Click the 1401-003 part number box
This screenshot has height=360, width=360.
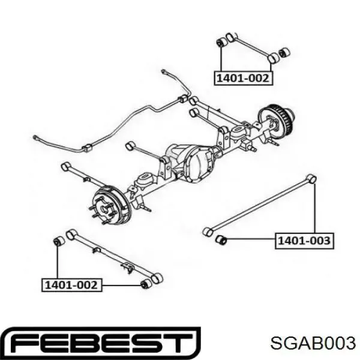(304, 241)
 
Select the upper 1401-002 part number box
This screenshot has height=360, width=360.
(244, 79)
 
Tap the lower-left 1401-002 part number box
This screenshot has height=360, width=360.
(71, 285)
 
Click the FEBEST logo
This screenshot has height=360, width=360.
(100, 343)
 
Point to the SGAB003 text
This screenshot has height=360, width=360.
(313, 343)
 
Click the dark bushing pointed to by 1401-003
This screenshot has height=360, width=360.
(221, 240)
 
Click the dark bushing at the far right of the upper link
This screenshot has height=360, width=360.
(284, 53)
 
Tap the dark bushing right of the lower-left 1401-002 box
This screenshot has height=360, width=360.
(146, 284)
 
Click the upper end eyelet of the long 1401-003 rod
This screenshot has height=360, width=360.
(311, 179)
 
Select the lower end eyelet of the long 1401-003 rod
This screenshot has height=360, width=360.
(208, 232)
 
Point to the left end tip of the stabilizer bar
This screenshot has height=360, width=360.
(34, 137)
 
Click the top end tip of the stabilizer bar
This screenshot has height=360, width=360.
(163, 71)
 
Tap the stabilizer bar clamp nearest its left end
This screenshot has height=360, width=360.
(87, 148)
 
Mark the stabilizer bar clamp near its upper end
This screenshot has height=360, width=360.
(184, 98)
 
